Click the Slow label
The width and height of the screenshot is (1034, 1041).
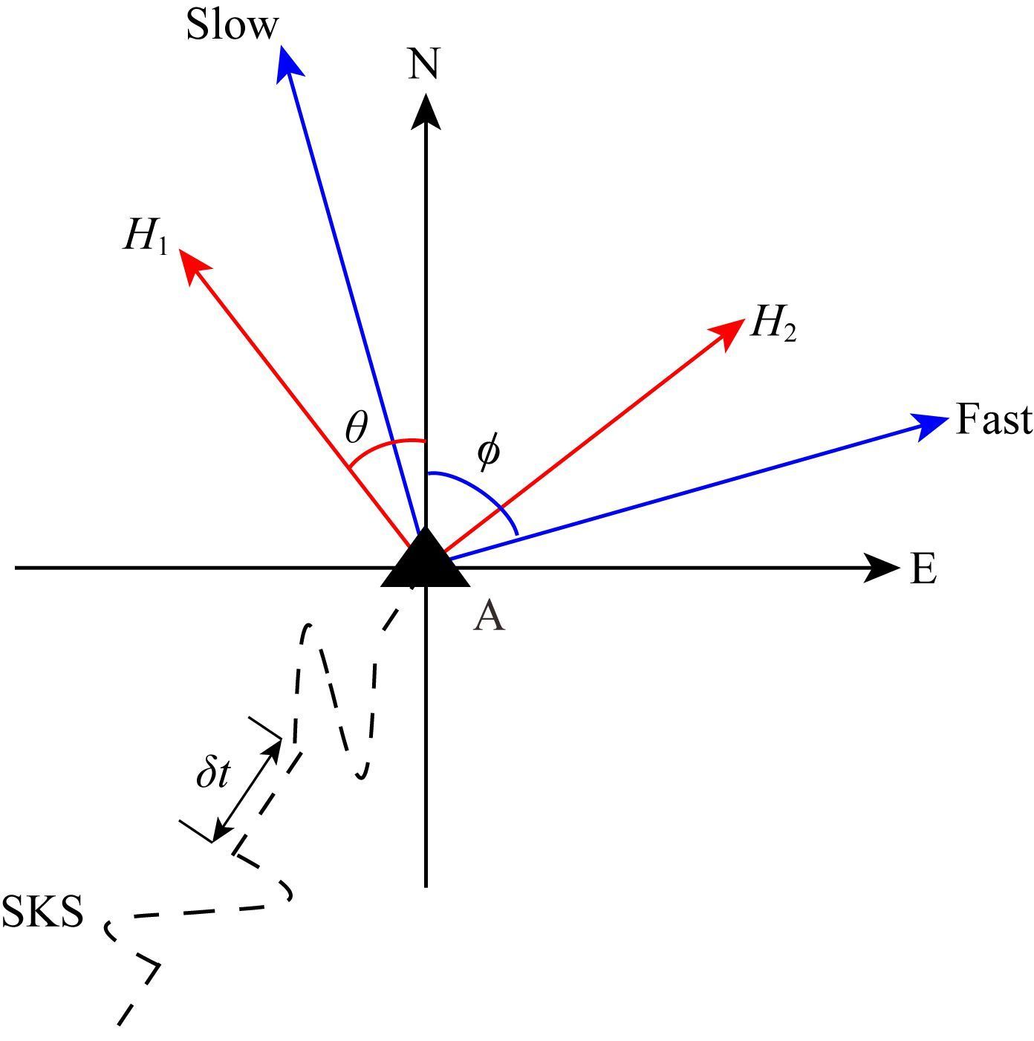click(232, 26)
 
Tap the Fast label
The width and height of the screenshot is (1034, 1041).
click(993, 420)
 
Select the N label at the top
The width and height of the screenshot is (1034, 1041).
click(424, 64)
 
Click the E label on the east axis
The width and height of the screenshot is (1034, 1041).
click(923, 570)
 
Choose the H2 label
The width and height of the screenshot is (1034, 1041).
click(773, 324)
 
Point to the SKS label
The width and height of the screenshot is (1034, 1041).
click(42, 911)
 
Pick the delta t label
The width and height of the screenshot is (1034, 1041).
click(213, 774)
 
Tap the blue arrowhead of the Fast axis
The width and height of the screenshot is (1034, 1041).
click(930, 425)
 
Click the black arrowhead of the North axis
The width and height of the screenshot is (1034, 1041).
click(425, 110)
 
